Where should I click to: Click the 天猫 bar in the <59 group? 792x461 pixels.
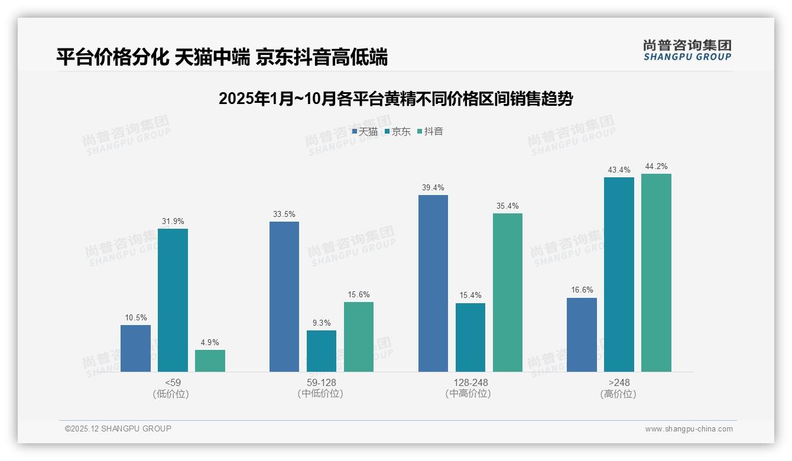coord(135,348)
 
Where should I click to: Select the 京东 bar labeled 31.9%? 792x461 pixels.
coord(173,300)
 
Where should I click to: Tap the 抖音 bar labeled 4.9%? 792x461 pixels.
coord(210,361)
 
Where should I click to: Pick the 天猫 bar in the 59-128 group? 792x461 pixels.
coord(284,297)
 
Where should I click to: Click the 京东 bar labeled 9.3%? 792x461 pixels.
coord(322,350)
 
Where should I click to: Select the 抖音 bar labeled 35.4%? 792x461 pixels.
coord(508,293)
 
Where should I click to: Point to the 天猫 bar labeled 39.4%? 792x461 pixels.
coord(433,283)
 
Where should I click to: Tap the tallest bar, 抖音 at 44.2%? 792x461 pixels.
coord(656,272)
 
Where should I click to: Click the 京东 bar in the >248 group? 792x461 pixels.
coord(619,274)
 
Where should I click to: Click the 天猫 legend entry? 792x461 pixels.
coord(365,132)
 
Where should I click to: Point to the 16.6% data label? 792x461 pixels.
coord(582,290)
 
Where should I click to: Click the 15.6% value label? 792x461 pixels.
coord(359,294)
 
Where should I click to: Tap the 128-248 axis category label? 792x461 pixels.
coord(470,382)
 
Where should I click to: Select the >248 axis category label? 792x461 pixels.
coord(619,382)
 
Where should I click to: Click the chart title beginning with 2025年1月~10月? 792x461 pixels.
coord(395,99)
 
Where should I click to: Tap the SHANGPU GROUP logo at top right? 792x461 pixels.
coord(687,50)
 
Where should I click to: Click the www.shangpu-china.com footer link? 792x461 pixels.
coord(689,429)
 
